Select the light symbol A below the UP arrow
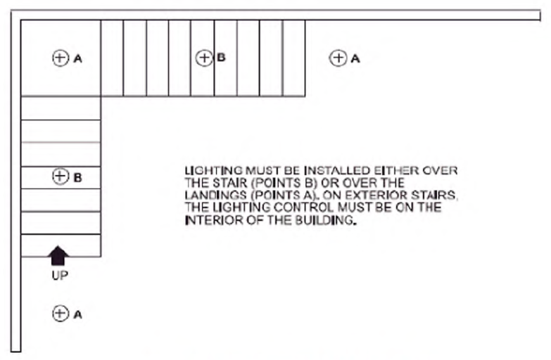pyautogui.click(x=60, y=314)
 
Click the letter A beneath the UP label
pyautogui.click(x=77, y=314)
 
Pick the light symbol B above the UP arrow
pyautogui.click(x=60, y=177)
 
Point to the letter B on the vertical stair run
pyautogui.click(x=77, y=178)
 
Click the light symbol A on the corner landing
pyautogui.click(x=60, y=58)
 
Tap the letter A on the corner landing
pyautogui.click(x=77, y=59)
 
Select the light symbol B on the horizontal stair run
pyautogui.click(x=203, y=58)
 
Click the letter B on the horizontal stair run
pyautogui.click(x=221, y=57)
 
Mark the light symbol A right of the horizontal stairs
pyautogui.click(x=338, y=58)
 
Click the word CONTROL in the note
pyautogui.click(x=303, y=207)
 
